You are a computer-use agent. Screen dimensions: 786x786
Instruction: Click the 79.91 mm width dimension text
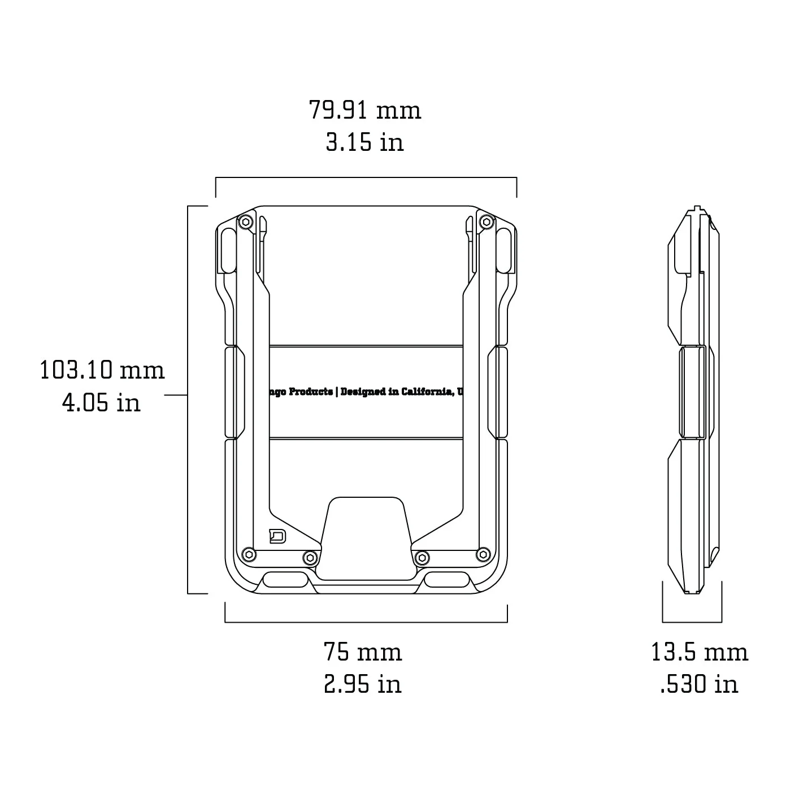(365, 110)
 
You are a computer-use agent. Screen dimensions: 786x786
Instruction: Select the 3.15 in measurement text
(365, 142)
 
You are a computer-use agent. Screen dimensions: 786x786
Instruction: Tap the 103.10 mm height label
(102, 371)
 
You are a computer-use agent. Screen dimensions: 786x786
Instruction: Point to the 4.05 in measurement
(102, 403)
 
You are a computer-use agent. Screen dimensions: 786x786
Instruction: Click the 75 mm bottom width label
(363, 652)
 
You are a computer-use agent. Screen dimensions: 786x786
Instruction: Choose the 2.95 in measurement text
(363, 684)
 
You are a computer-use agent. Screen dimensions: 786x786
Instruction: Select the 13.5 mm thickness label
(700, 652)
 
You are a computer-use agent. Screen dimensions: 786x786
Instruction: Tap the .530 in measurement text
(700, 684)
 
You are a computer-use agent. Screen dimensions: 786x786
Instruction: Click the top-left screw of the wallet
(245, 222)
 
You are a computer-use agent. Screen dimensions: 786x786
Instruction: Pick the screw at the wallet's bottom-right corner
(483, 554)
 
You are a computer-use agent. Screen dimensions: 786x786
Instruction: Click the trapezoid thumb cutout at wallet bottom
(365, 537)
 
